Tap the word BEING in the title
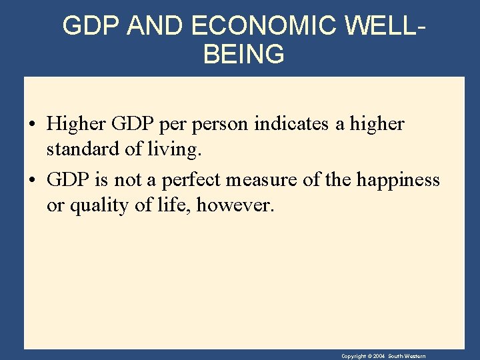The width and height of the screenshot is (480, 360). pyautogui.click(x=243, y=55)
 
